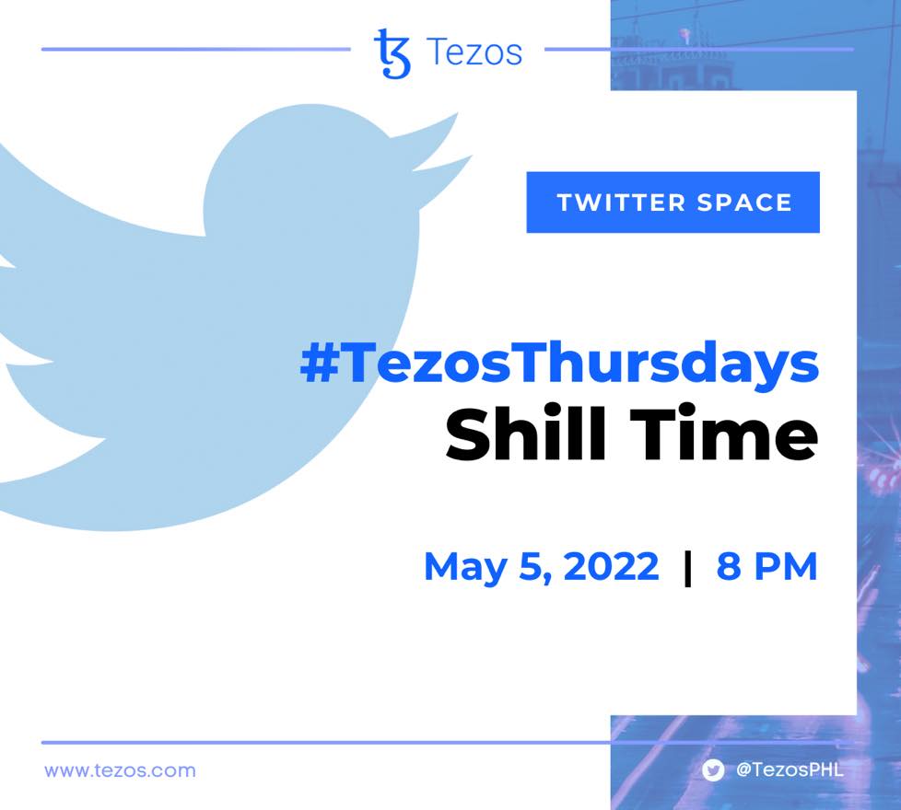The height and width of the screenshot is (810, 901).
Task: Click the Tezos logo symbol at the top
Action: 392,53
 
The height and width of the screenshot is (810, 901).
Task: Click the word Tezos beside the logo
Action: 474,52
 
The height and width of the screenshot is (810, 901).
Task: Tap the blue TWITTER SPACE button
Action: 673,202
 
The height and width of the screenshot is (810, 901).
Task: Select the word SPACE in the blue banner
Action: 744,202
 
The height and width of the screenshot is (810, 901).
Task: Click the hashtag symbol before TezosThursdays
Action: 320,364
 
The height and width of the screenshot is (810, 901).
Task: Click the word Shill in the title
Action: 526,433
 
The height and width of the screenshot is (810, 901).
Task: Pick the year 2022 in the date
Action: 612,566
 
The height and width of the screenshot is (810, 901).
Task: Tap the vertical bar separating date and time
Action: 688,568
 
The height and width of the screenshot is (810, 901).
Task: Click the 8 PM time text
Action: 766,566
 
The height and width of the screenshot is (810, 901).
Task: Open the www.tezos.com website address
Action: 120,770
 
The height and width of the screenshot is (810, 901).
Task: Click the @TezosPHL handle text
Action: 790,769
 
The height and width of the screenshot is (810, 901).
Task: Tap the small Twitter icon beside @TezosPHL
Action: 713,769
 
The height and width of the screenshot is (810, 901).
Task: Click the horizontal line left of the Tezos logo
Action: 196,50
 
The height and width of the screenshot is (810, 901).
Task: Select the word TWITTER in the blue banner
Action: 622,202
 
